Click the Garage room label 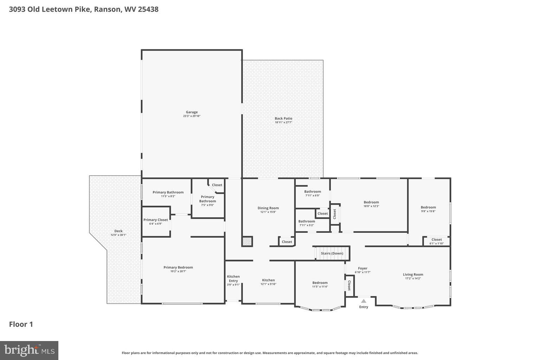point(192,112)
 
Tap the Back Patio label point(283,118)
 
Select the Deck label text point(118,231)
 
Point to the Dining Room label point(268,208)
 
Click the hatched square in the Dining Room point(247,241)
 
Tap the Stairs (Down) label point(332,253)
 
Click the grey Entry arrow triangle point(364,301)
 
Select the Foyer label point(362,268)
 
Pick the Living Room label point(413,275)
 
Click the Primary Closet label point(155,220)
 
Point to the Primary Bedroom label point(178,267)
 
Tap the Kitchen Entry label point(233,278)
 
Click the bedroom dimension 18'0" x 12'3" point(371,206)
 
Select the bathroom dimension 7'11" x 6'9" point(312,195)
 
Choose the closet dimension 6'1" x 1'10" point(436,243)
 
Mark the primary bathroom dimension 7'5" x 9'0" point(207,205)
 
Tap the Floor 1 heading point(21,324)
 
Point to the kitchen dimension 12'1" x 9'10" point(268,284)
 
